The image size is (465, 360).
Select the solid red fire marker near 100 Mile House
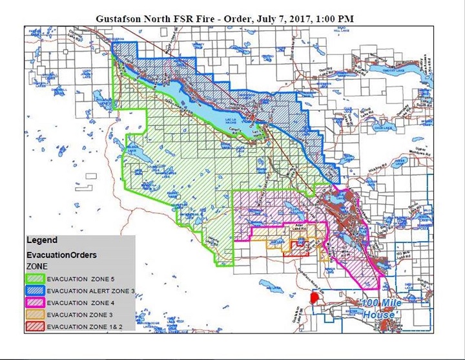pyautogui.click(x=315, y=299)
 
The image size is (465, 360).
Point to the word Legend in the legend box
pyautogui.click(x=41, y=240)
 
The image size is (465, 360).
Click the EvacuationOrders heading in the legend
pyautogui.click(x=61, y=255)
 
